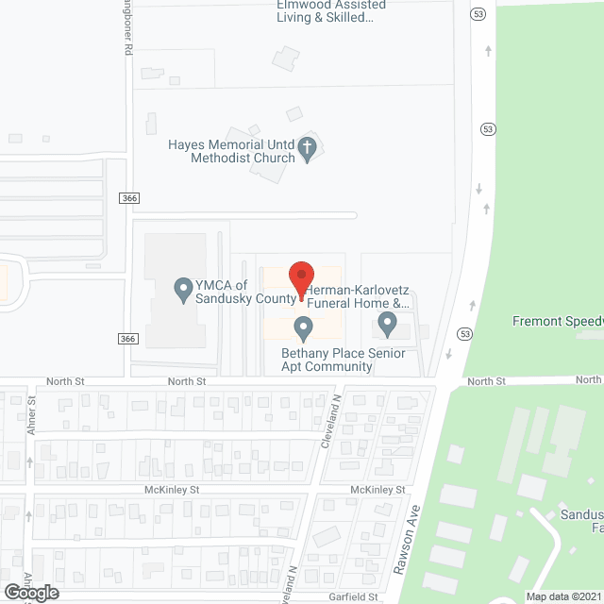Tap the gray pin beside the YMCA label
[184, 290]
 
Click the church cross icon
[307, 147]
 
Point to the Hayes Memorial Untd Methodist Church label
[231, 151]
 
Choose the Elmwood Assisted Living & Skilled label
[326, 10]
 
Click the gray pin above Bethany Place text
[303, 327]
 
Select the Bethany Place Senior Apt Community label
[344, 360]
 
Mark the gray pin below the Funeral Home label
[387, 324]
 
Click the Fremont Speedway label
[558, 321]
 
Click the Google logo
[30, 592]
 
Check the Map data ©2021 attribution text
[563, 596]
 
